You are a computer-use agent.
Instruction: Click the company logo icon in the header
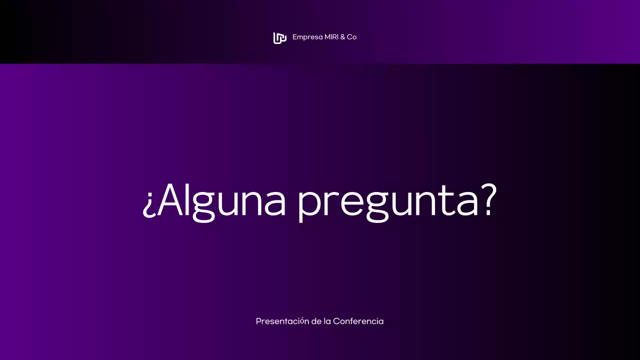(x=279, y=37)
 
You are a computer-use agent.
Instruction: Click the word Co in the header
(x=352, y=37)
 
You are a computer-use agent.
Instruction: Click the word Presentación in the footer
(x=282, y=321)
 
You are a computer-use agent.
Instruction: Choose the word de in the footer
(x=316, y=321)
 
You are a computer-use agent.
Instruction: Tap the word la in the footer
(x=327, y=321)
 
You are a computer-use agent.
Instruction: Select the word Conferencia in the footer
(x=358, y=321)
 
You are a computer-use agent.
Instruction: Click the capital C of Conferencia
(x=336, y=321)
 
